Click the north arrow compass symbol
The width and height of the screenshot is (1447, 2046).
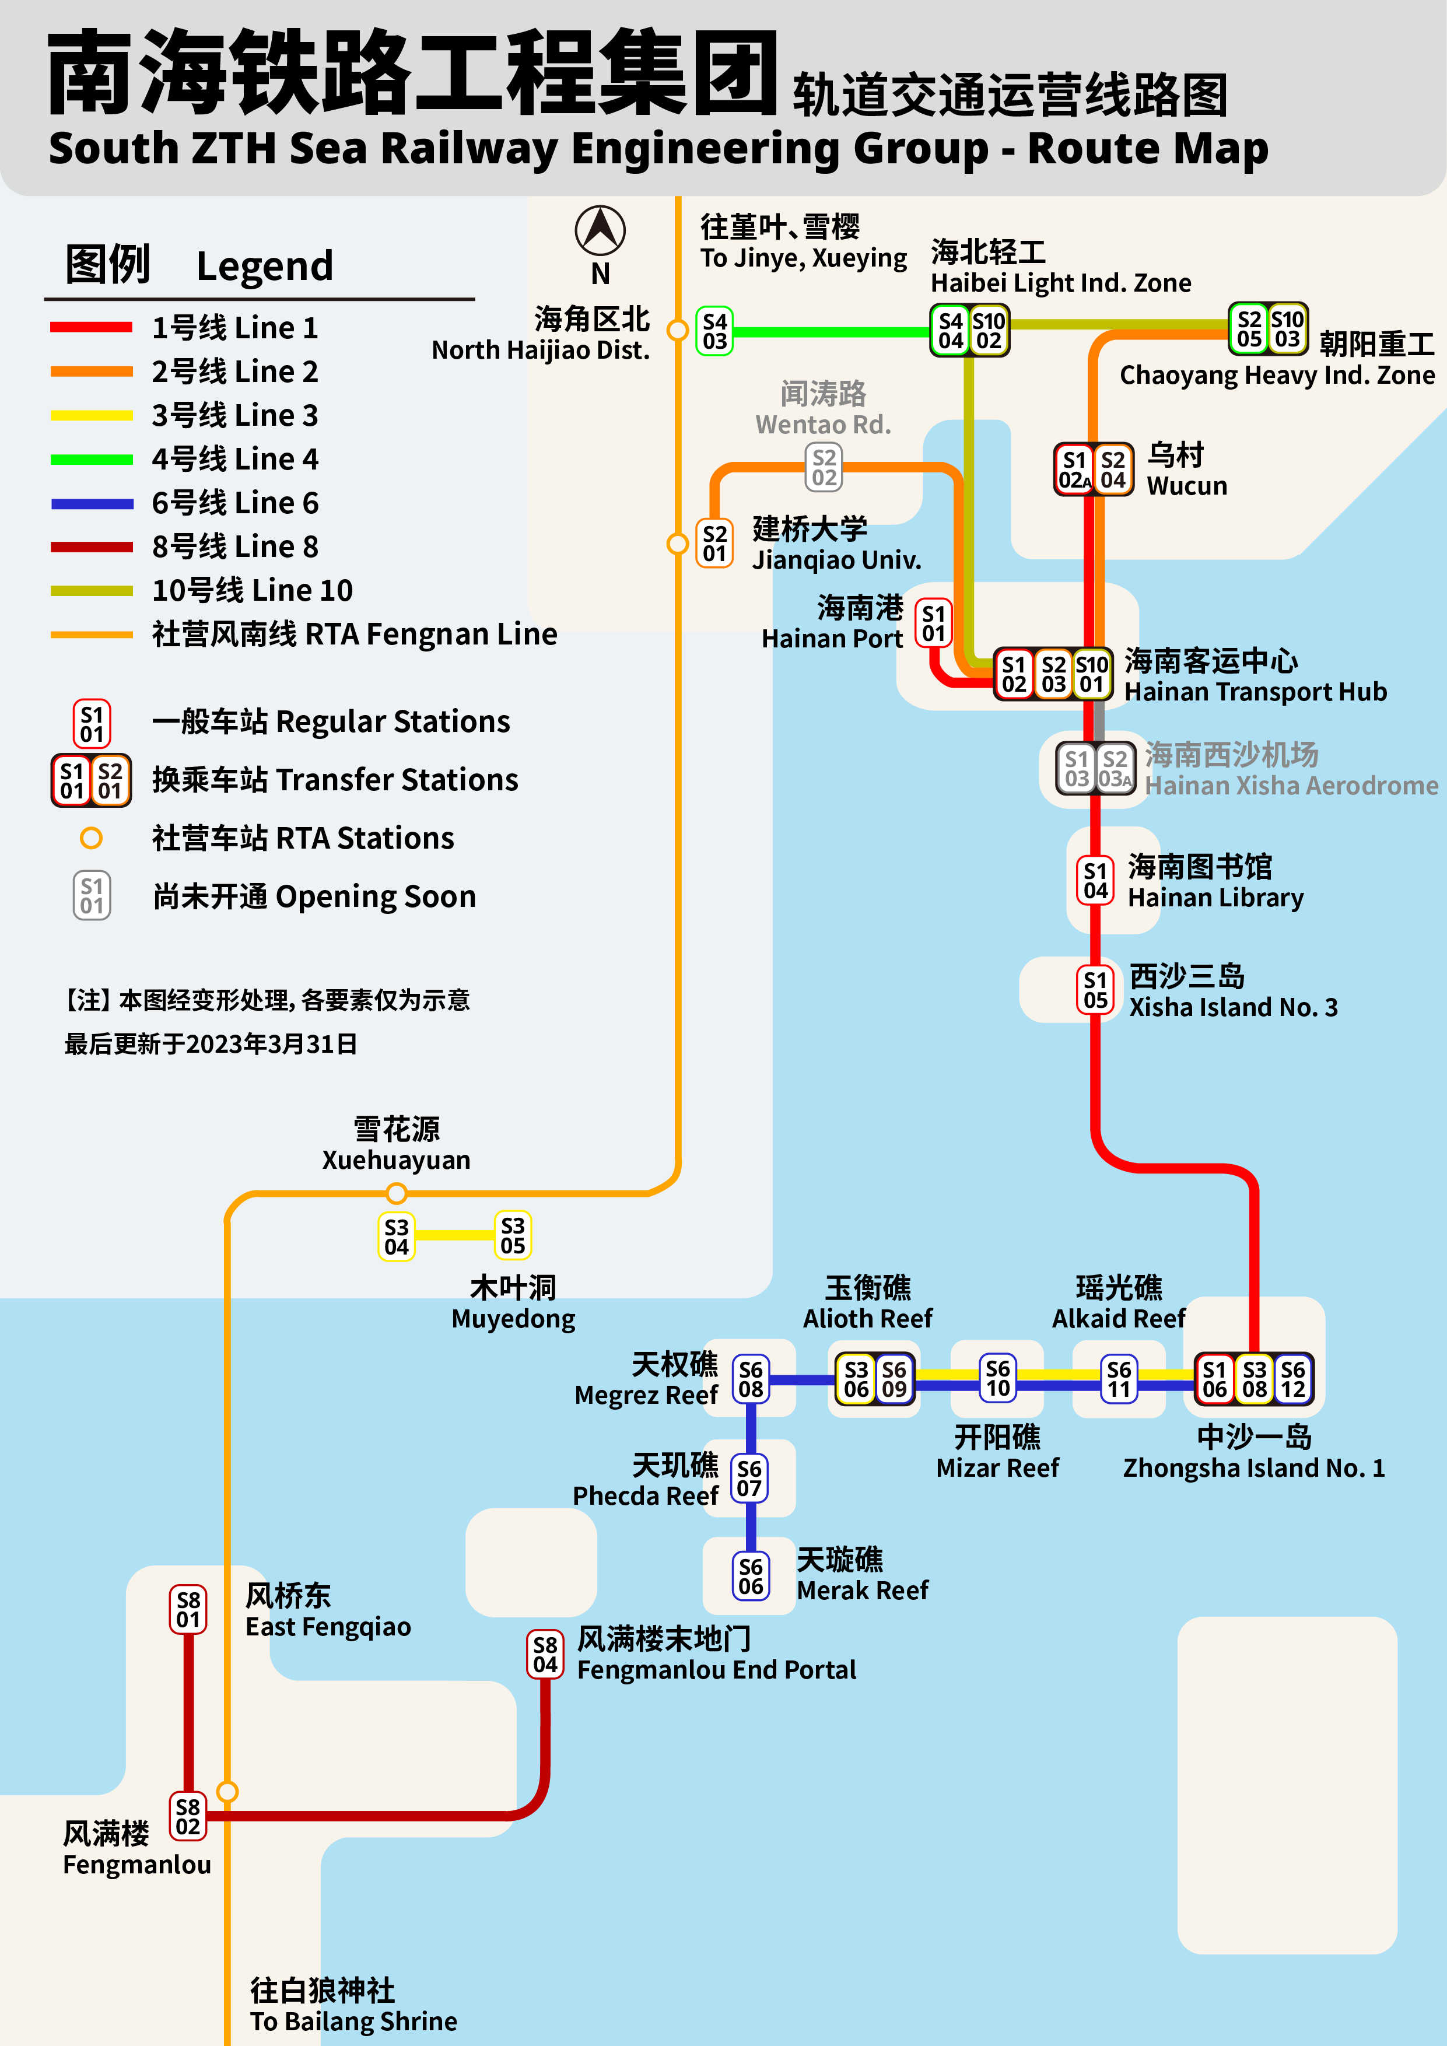600,230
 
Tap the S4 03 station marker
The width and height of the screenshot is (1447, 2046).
714,331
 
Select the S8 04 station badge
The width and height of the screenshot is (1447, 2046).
545,1654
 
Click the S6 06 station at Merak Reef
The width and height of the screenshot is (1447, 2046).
750,1576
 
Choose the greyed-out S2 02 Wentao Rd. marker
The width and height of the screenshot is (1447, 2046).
824,468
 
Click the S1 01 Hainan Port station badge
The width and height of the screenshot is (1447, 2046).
933,623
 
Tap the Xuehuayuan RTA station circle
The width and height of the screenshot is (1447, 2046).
397,1192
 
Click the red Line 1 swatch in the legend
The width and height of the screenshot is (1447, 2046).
92,327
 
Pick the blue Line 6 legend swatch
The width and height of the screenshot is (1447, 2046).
92,503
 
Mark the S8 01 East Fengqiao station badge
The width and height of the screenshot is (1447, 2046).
188,1609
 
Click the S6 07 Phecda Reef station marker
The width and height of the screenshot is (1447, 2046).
750,1477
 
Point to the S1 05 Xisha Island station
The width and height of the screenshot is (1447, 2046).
1095,990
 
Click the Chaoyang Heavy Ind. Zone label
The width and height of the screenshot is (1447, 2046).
1276,375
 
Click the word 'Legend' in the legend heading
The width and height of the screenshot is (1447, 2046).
265,265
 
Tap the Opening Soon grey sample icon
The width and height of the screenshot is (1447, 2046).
92,896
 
